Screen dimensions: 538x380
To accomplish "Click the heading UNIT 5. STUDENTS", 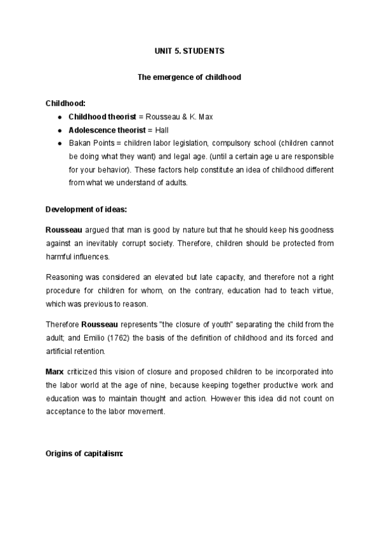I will (190, 49).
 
